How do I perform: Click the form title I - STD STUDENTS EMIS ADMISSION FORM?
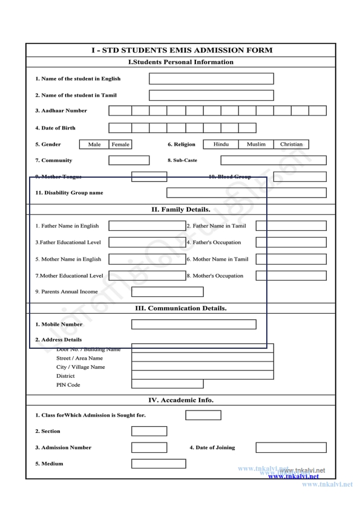[182, 50]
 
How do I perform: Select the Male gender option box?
[94, 144]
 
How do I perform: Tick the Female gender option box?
[120, 144]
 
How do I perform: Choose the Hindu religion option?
[221, 144]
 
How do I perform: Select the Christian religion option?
[291, 144]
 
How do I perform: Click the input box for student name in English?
[211, 79]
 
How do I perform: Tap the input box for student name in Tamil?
[211, 95]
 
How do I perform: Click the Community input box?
[128, 160]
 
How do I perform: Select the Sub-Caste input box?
[273, 160]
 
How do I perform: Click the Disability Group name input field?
[246, 193]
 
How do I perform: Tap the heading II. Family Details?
[181, 210]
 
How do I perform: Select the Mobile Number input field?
[202, 324]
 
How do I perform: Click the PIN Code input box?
[168, 384]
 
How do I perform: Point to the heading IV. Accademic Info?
[181, 400]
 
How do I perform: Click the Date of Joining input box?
[290, 447]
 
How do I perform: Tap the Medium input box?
[159, 464]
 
